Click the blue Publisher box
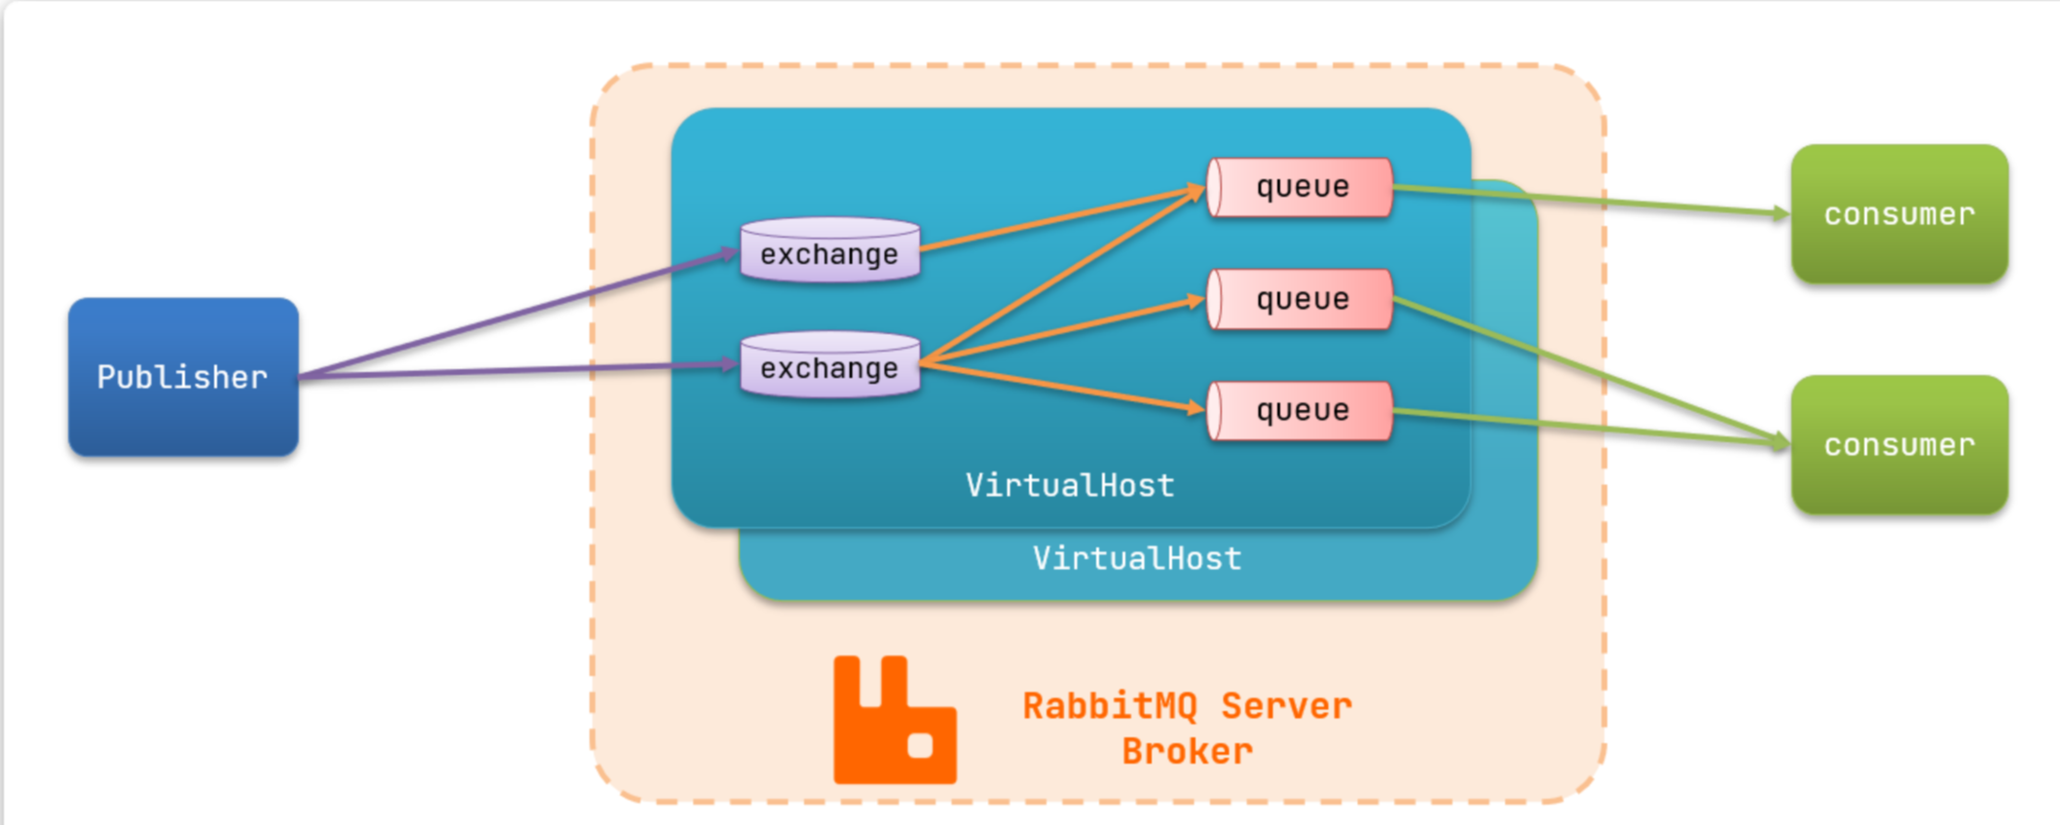183,377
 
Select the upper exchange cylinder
830,250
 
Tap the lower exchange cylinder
830,364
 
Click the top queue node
1300,187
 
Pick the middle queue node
1300,299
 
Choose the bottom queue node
1300,410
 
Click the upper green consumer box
1899,214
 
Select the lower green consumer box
1899,445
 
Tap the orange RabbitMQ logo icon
895,720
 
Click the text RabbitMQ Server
1187,706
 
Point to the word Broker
1187,752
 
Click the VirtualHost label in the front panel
1070,485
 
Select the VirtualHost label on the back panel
1137,558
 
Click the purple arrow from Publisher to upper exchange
518,314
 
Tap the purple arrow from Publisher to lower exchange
518,370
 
